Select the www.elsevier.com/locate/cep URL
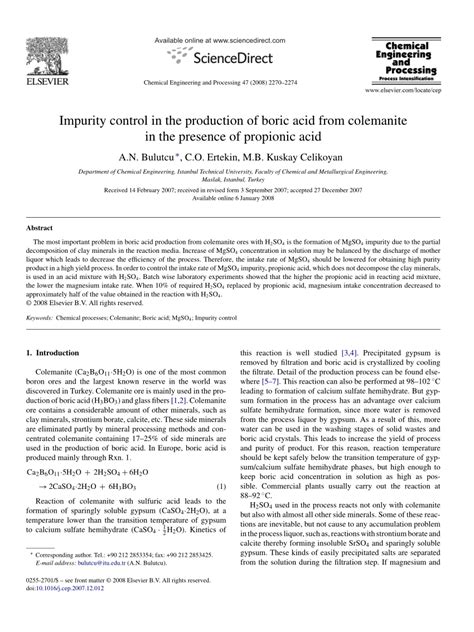411,91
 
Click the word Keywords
46,315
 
